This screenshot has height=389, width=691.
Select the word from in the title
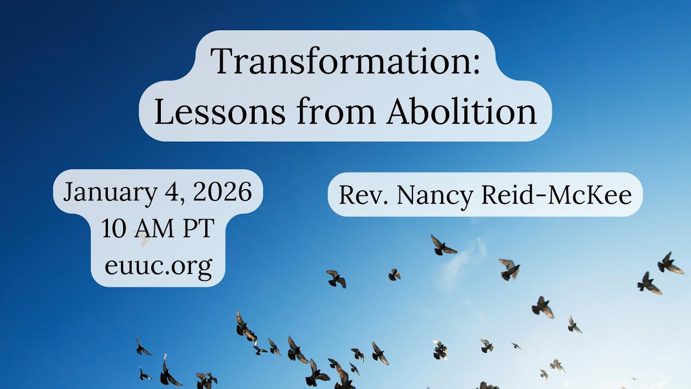point(336,112)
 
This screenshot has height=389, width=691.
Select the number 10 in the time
point(113,229)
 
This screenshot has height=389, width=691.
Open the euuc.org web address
point(158,266)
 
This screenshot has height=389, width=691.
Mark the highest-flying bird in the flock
point(443,246)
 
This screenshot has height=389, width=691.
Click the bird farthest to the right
point(669,264)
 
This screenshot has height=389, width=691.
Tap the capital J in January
point(69,193)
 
